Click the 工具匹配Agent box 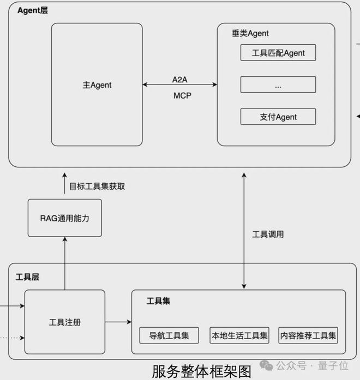(x=278, y=52)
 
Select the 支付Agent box (x=278, y=117)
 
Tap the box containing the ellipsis (x=278, y=85)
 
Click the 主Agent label (x=97, y=85)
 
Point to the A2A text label (x=179, y=80)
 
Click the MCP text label (x=182, y=95)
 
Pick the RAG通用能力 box (x=65, y=218)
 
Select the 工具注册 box (x=65, y=322)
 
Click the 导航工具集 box (x=169, y=335)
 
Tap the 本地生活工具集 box (x=239, y=335)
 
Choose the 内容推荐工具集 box (x=308, y=335)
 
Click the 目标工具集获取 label (x=97, y=186)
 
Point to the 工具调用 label (x=268, y=234)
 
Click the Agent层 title (x=33, y=10)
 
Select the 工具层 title (x=27, y=277)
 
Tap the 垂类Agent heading (x=250, y=33)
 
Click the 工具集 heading (x=158, y=301)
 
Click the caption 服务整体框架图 (x=201, y=371)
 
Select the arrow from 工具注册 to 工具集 (x=118, y=322)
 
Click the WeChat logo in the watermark (x=266, y=365)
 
